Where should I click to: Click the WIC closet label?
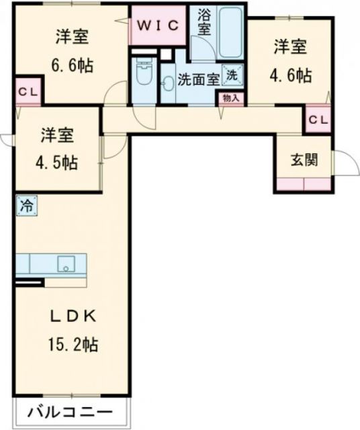point(159,26)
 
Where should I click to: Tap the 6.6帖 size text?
point(73,66)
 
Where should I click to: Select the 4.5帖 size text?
point(57,163)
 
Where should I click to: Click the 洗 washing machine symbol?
point(231,75)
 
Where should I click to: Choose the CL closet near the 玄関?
point(318,120)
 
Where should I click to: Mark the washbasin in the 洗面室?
point(168,84)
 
